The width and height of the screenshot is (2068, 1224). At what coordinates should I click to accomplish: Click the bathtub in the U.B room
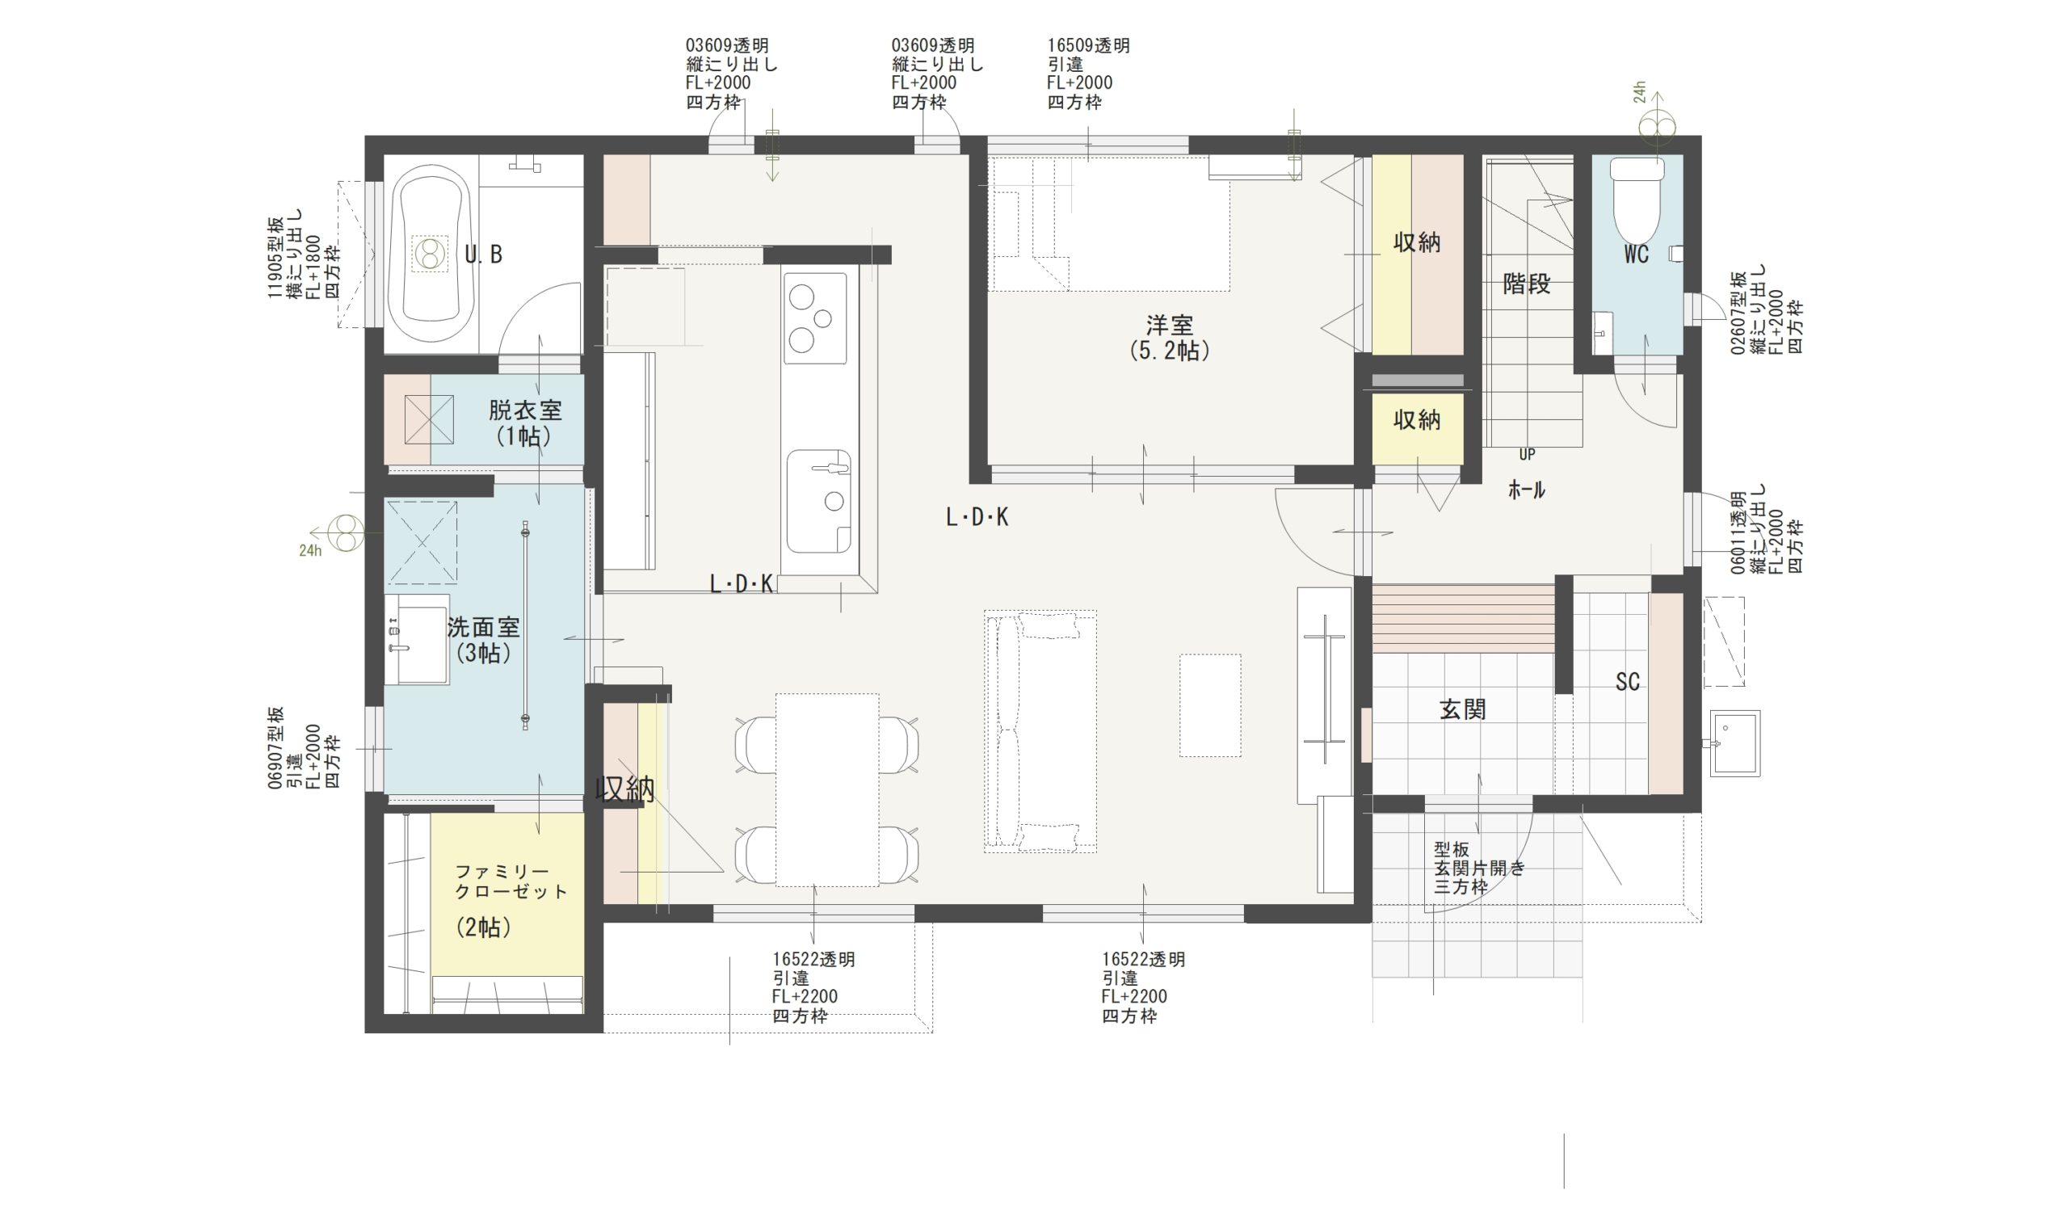(x=431, y=252)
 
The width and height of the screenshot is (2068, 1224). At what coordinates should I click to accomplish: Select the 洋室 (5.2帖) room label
(x=1169, y=338)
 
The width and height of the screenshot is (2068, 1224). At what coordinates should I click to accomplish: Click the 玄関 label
(x=1463, y=709)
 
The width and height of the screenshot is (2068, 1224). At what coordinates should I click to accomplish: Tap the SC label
(x=1627, y=682)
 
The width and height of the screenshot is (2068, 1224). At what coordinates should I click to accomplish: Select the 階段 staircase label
(x=1526, y=284)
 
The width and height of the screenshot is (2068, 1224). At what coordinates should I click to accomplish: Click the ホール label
(x=1526, y=490)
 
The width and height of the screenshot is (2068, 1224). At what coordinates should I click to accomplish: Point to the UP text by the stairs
(x=1526, y=455)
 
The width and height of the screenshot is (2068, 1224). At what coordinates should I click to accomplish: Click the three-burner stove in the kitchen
(x=814, y=318)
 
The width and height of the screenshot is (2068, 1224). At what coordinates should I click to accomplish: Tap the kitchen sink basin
(x=818, y=502)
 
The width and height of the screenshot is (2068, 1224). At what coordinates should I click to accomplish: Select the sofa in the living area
(x=1039, y=732)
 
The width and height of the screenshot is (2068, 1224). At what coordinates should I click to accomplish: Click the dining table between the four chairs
(x=826, y=789)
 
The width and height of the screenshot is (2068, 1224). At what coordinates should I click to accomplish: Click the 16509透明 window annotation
(x=1088, y=46)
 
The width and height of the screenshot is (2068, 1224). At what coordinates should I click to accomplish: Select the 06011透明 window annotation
(x=1738, y=532)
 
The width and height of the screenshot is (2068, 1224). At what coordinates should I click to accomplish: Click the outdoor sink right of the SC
(x=1734, y=743)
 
